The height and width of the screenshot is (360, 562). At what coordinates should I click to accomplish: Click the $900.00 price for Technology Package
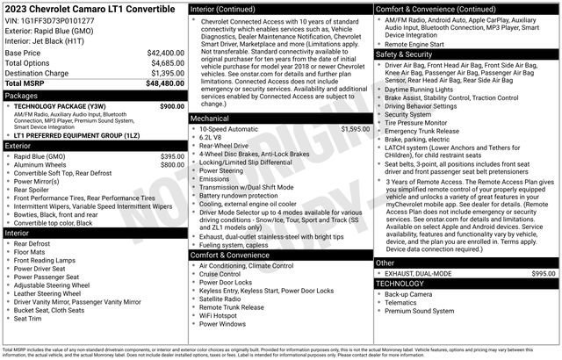pyautogui.click(x=171, y=106)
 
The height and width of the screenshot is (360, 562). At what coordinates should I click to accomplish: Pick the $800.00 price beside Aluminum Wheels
pyautogui.click(x=171, y=164)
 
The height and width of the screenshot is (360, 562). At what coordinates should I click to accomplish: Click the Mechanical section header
pyautogui.click(x=211, y=117)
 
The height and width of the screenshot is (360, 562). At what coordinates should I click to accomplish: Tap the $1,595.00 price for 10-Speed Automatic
pyautogui.click(x=356, y=128)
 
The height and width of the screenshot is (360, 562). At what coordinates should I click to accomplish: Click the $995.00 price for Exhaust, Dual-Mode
pyautogui.click(x=543, y=274)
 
